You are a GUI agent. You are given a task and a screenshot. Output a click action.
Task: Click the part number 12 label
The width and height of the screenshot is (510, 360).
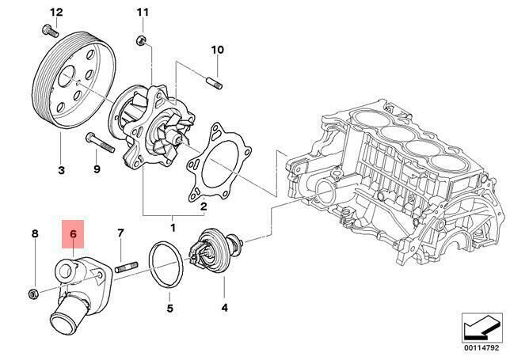pos(55,11)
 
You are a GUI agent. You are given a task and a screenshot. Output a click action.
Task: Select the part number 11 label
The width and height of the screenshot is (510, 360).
pos(142,12)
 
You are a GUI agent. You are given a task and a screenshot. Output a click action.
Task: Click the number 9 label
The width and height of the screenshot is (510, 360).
pos(97,169)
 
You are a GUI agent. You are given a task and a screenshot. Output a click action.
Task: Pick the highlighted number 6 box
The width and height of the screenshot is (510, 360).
pos(72,234)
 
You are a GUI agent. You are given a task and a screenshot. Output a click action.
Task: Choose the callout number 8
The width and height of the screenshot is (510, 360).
pos(120,233)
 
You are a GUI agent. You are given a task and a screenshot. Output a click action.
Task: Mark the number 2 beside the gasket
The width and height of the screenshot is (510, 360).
pos(203,207)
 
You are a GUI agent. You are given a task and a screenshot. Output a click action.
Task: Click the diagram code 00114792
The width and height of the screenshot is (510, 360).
pos(482,346)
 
